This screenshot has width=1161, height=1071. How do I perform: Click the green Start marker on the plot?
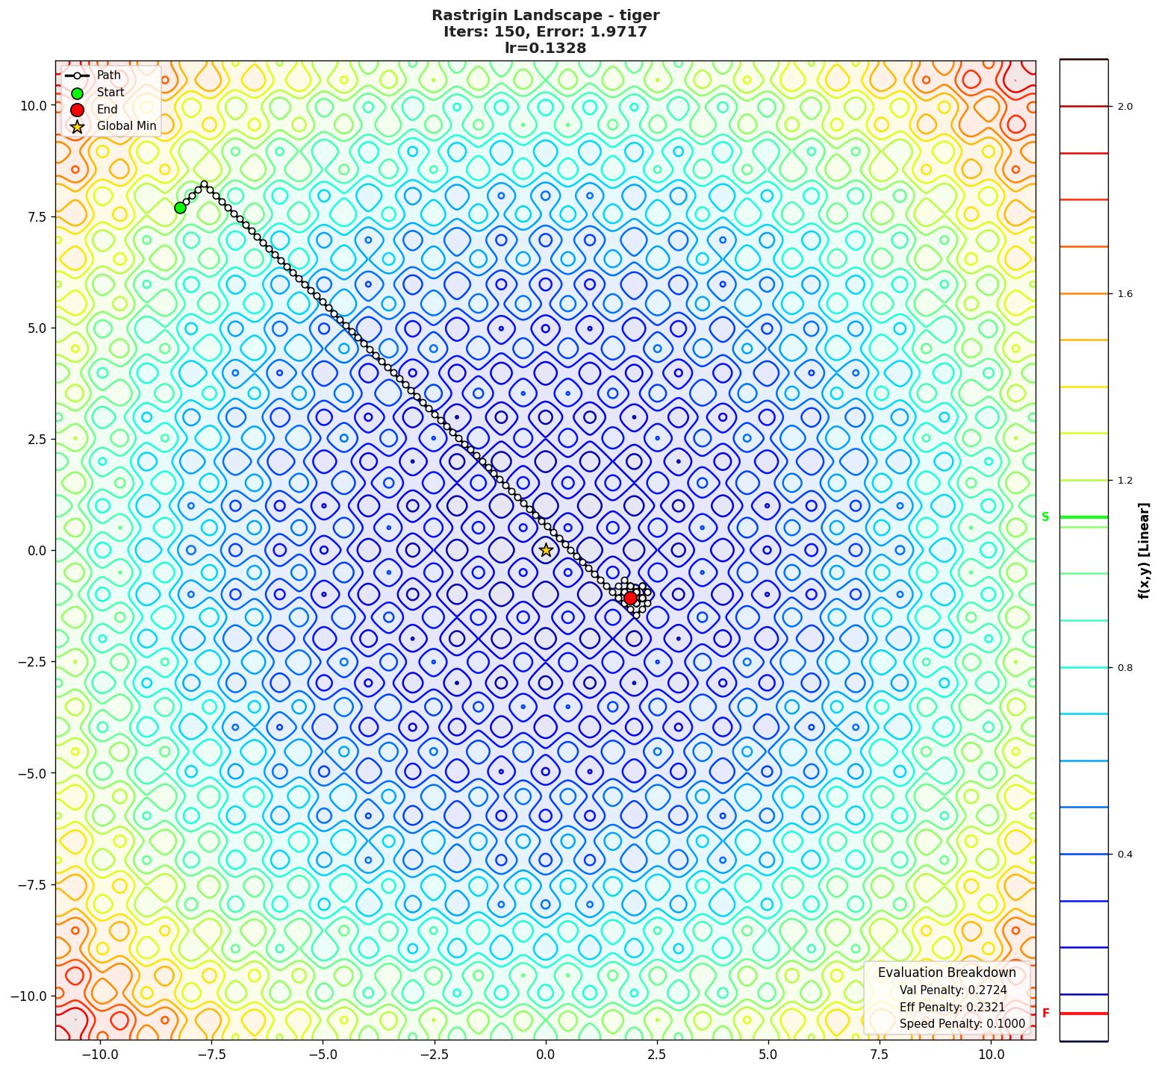tap(180, 207)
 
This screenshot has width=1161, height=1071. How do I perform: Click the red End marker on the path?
tap(630, 598)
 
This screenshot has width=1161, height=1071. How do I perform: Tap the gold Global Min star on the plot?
tap(546, 550)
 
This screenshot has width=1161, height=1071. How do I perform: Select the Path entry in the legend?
tap(108, 75)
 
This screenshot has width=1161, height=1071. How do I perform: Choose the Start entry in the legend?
tap(111, 93)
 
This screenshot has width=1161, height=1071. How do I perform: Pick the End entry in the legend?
tap(107, 109)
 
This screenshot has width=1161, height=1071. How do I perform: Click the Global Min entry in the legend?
tap(126, 126)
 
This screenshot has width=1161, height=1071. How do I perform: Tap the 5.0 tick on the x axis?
tap(768, 1055)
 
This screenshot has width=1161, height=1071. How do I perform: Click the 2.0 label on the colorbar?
tap(1124, 107)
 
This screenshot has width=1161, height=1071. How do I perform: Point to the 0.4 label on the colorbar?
tap(1124, 855)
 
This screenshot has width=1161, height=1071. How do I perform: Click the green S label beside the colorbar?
tap(1045, 517)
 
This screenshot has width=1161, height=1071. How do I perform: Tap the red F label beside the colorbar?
tap(1045, 1014)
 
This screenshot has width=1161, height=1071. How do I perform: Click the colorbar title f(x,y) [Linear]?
tap(1143, 550)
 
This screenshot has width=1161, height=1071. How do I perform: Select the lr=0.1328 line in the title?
tap(545, 49)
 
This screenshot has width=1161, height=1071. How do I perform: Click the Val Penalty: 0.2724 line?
tap(953, 990)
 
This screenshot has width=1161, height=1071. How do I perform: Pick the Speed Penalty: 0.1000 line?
tap(962, 1024)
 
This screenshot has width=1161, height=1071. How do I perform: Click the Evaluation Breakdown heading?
tap(947, 972)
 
